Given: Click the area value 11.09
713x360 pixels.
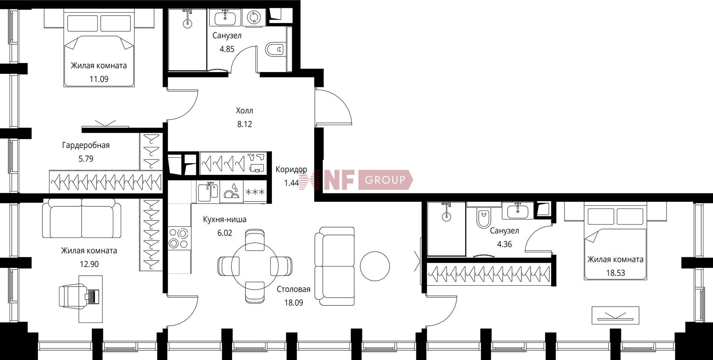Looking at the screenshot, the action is point(99,79).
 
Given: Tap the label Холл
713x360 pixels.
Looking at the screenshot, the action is point(244,111).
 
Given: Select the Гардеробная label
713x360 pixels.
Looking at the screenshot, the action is point(86,145).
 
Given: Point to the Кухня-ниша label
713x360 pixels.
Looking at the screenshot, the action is point(225,219).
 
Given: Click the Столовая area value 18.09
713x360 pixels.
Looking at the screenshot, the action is point(294,303).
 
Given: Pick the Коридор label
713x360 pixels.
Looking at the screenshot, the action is point(292,170).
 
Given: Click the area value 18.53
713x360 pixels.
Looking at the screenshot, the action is point(616,273).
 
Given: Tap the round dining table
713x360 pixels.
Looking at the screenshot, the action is point(255,266).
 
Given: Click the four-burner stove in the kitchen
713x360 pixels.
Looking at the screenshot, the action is point(179,238).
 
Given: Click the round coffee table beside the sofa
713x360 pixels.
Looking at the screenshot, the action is point(375,266).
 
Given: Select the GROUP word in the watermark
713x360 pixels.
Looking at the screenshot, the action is point(385,180).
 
